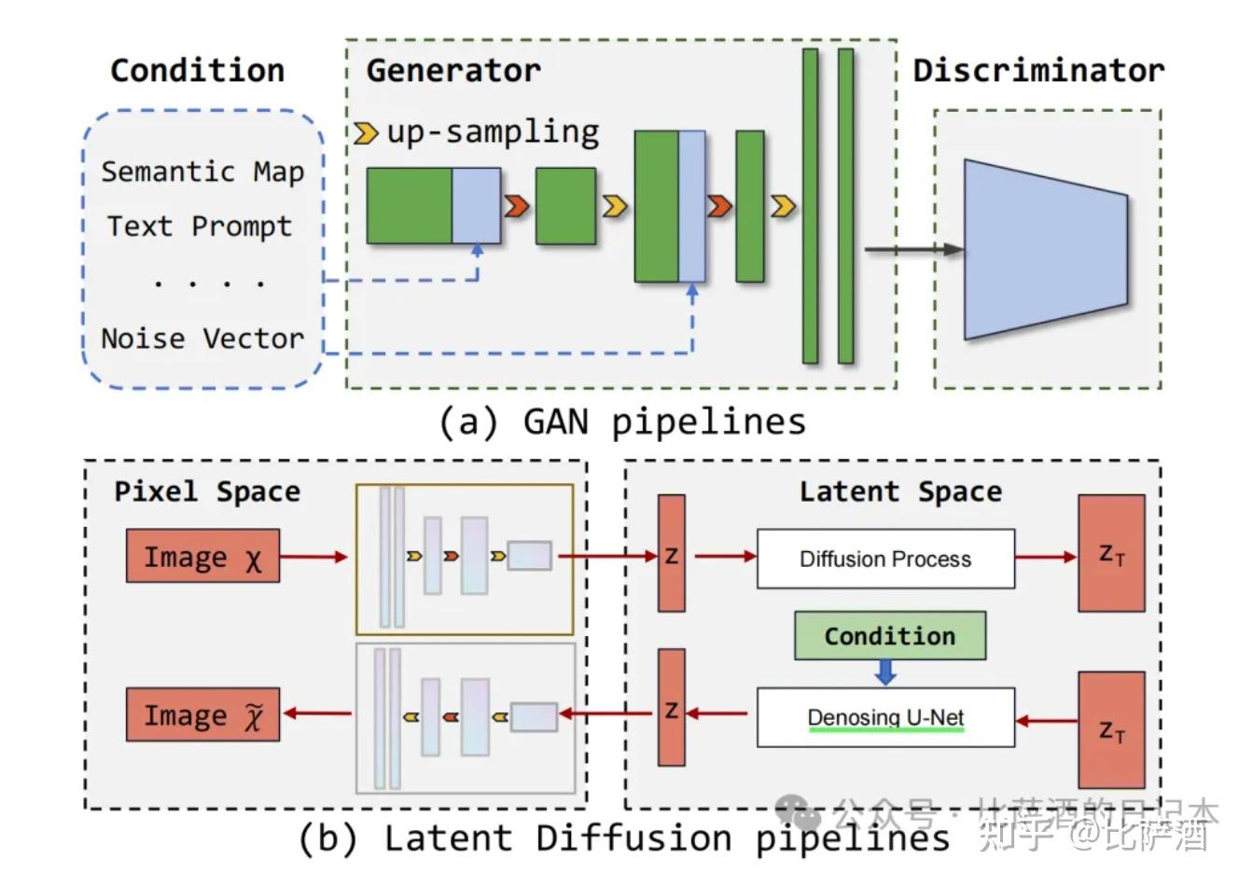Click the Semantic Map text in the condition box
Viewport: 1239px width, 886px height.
[x=202, y=173]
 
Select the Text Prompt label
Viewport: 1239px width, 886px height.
[x=199, y=227]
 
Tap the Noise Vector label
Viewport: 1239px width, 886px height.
[x=202, y=339]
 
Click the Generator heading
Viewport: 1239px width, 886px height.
[x=452, y=71]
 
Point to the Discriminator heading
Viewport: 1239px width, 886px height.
[x=1037, y=71]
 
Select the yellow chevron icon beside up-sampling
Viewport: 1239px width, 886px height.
[x=366, y=133]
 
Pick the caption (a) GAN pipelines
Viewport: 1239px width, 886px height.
[x=622, y=422]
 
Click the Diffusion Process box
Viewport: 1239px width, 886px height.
[x=884, y=559]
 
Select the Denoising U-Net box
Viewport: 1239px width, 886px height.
[x=884, y=717]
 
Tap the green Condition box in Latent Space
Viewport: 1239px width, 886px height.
[x=889, y=636]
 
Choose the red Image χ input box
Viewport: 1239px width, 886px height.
[x=202, y=557]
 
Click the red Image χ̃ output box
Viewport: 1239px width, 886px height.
[x=202, y=715]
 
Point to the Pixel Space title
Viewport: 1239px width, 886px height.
[x=207, y=491]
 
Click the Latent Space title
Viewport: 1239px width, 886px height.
[x=900, y=491]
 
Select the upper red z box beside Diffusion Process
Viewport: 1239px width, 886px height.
[x=671, y=554]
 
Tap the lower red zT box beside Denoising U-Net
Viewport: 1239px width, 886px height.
[x=1110, y=729]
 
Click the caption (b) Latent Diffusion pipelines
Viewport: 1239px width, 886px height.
[x=623, y=838]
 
